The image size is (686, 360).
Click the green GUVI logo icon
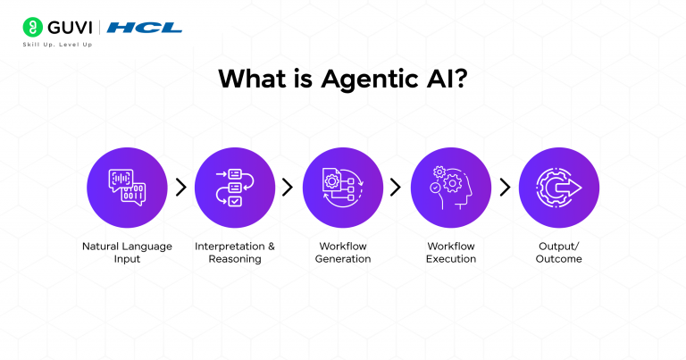click(33, 27)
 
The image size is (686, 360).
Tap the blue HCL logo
click(145, 28)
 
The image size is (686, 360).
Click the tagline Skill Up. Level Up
click(57, 45)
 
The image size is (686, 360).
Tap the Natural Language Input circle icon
click(127, 188)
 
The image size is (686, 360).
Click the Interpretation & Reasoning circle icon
click(235, 188)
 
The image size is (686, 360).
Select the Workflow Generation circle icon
click(343, 188)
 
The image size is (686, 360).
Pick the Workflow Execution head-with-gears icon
click(451, 188)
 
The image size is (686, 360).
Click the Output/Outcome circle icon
click(559, 188)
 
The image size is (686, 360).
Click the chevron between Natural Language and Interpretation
click(181, 188)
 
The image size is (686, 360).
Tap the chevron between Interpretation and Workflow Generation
click(288, 188)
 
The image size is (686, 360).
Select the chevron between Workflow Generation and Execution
click(396, 188)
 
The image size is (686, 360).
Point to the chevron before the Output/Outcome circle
click(506, 188)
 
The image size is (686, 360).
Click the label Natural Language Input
click(127, 253)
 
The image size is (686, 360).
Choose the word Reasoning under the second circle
click(235, 259)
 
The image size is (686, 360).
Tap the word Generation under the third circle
click(343, 259)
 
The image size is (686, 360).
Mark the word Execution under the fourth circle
click(451, 259)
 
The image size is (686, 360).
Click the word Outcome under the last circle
click(558, 259)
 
